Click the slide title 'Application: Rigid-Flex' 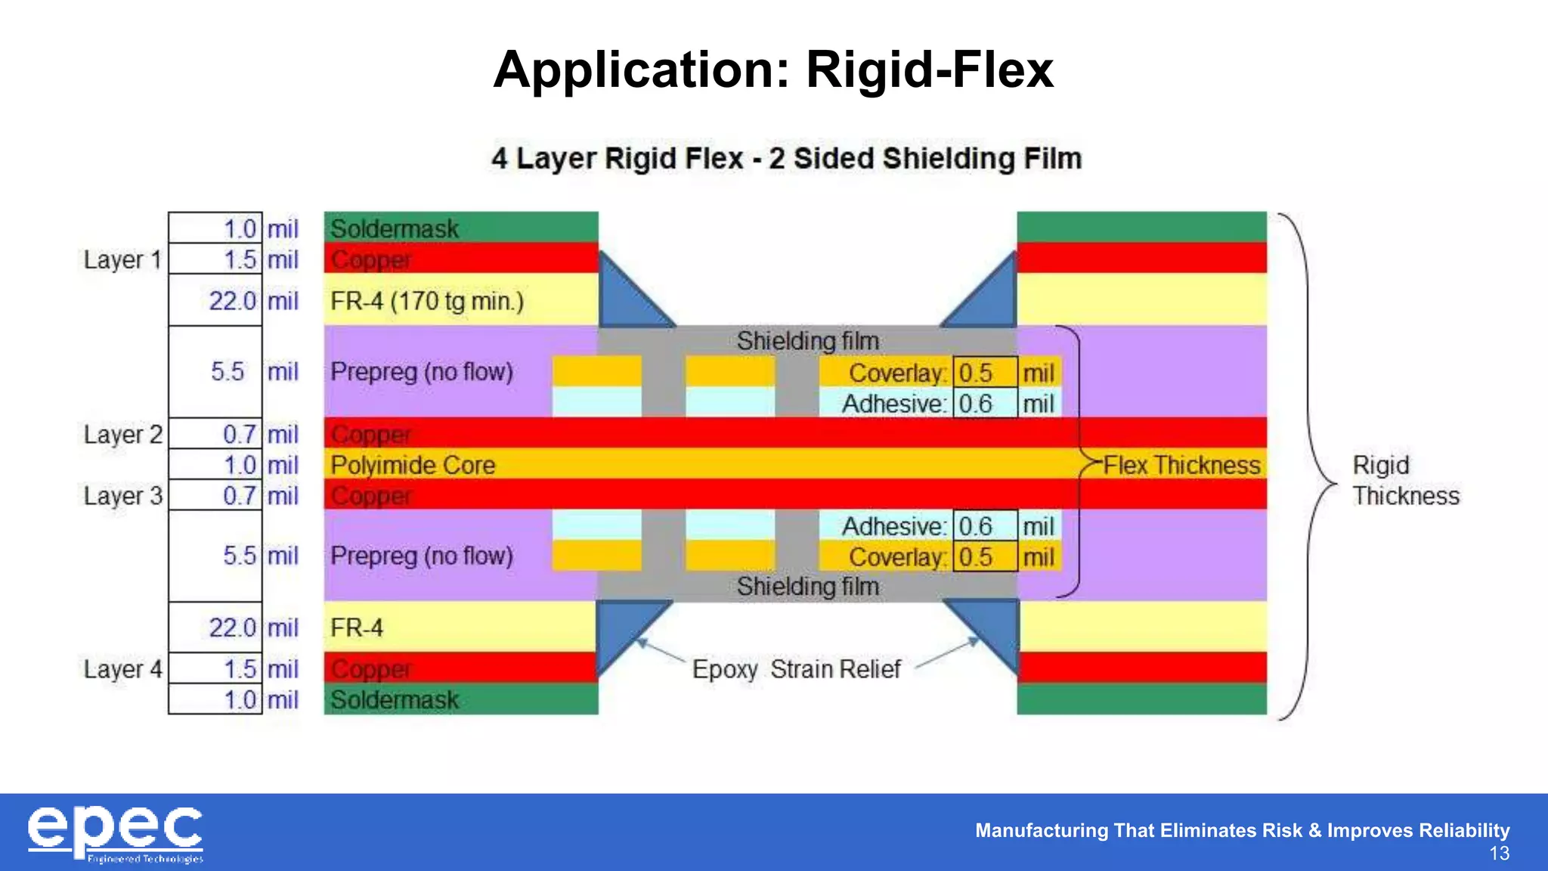point(772,70)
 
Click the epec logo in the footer point(116,833)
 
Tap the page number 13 point(1499,854)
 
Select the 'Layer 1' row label point(122,259)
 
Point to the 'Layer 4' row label point(122,669)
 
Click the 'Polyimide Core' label point(413,465)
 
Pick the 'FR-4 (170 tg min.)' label point(427,301)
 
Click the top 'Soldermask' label point(395,228)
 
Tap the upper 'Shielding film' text point(807,341)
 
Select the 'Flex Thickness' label point(1181,465)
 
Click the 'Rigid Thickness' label point(1404,480)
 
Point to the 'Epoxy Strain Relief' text point(796,669)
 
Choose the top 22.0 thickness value point(232,301)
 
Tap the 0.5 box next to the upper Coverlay point(983,373)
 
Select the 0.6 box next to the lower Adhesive point(983,526)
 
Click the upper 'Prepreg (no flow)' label point(422,372)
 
